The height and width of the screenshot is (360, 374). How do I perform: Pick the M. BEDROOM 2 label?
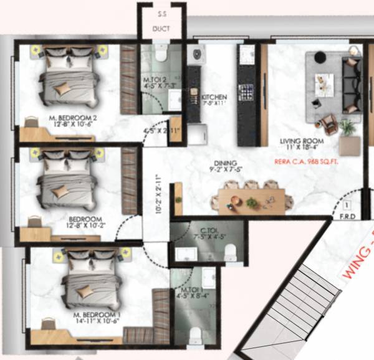tap(73, 120)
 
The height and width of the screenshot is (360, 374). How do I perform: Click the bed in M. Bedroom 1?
tap(90, 279)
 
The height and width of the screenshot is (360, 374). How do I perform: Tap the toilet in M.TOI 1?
tap(195, 334)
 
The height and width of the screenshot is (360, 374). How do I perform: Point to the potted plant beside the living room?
tap(347, 128)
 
